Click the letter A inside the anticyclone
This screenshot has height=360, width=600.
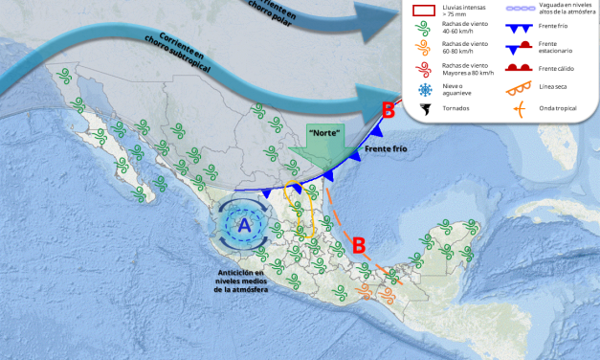pyautogui.click(x=244, y=226)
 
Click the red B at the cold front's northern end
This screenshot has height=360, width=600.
pyautogui.click(x=388, y=111)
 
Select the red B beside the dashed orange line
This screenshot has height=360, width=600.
pyautogui.click(x=359, y=244)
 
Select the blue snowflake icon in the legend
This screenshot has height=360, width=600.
pyautogui.click(x=425, y=89)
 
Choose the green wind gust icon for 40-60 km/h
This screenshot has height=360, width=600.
pyautogui.click(x=425, y=29)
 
